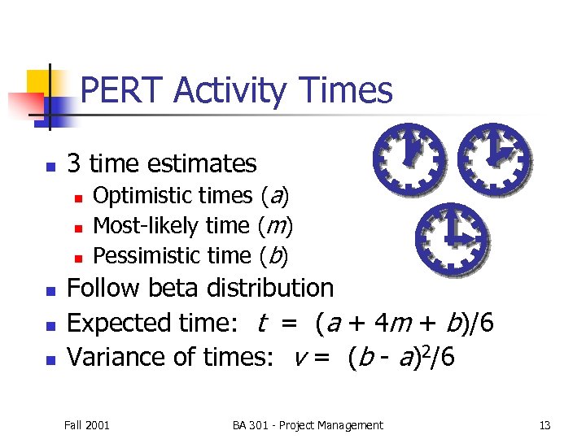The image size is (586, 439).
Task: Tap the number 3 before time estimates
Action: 74,163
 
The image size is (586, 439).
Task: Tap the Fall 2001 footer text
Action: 87,425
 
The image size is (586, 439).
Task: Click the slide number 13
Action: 544,425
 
